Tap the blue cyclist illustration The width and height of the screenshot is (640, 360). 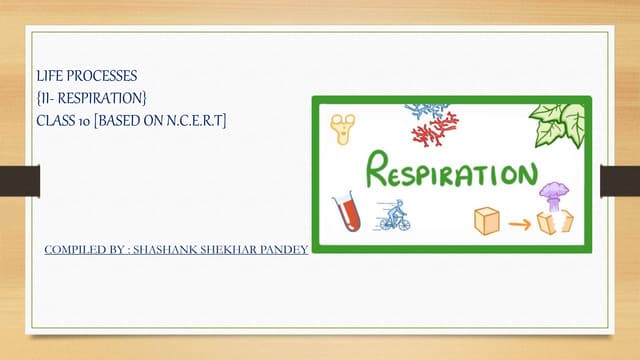393,215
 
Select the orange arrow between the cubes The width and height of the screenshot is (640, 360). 518,223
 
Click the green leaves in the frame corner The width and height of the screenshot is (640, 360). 560,122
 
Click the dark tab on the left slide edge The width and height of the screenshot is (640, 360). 19,181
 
